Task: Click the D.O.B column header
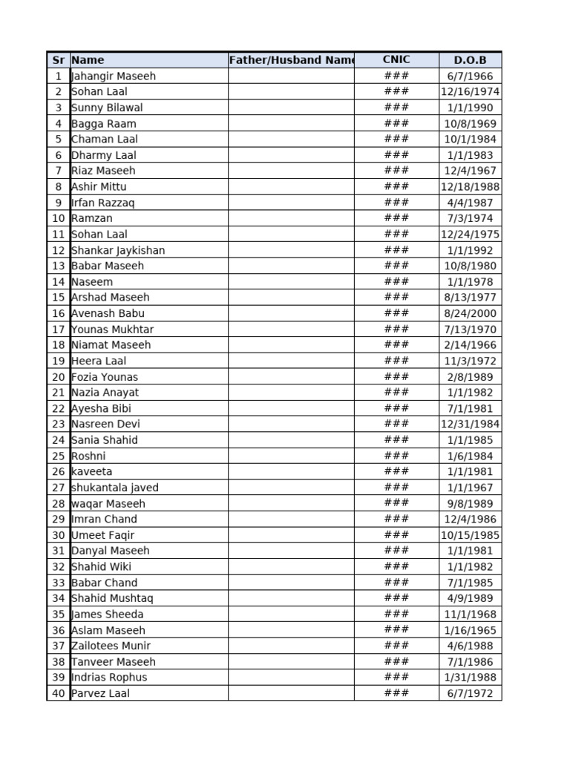(x=470, y=60)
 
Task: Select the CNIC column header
(x=396, y=60)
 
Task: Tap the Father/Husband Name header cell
(x=291, y=60)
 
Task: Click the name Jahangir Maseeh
(x=114, y=76)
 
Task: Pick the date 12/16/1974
(x=470, y=92)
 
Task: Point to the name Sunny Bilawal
(x=107, y=108)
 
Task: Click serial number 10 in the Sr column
(x=59, y=218)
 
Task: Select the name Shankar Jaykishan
(x=118, y=250)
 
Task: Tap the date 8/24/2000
(x=470, y=313)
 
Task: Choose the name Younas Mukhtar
(x=113, y=330)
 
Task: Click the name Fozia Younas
(x=105, y=377)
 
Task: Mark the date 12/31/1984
(x=470, y=425)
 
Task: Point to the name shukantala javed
(x=115, y=488)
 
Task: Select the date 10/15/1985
(x=470, y=535)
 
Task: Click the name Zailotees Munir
(x=111, y=646)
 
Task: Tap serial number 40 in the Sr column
(x=59, y=693)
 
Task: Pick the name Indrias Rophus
(x=109, y=677)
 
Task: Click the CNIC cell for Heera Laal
(x=396, y=361)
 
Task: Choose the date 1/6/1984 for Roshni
(x=470, y=456)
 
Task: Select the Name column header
(x=88, y=60)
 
